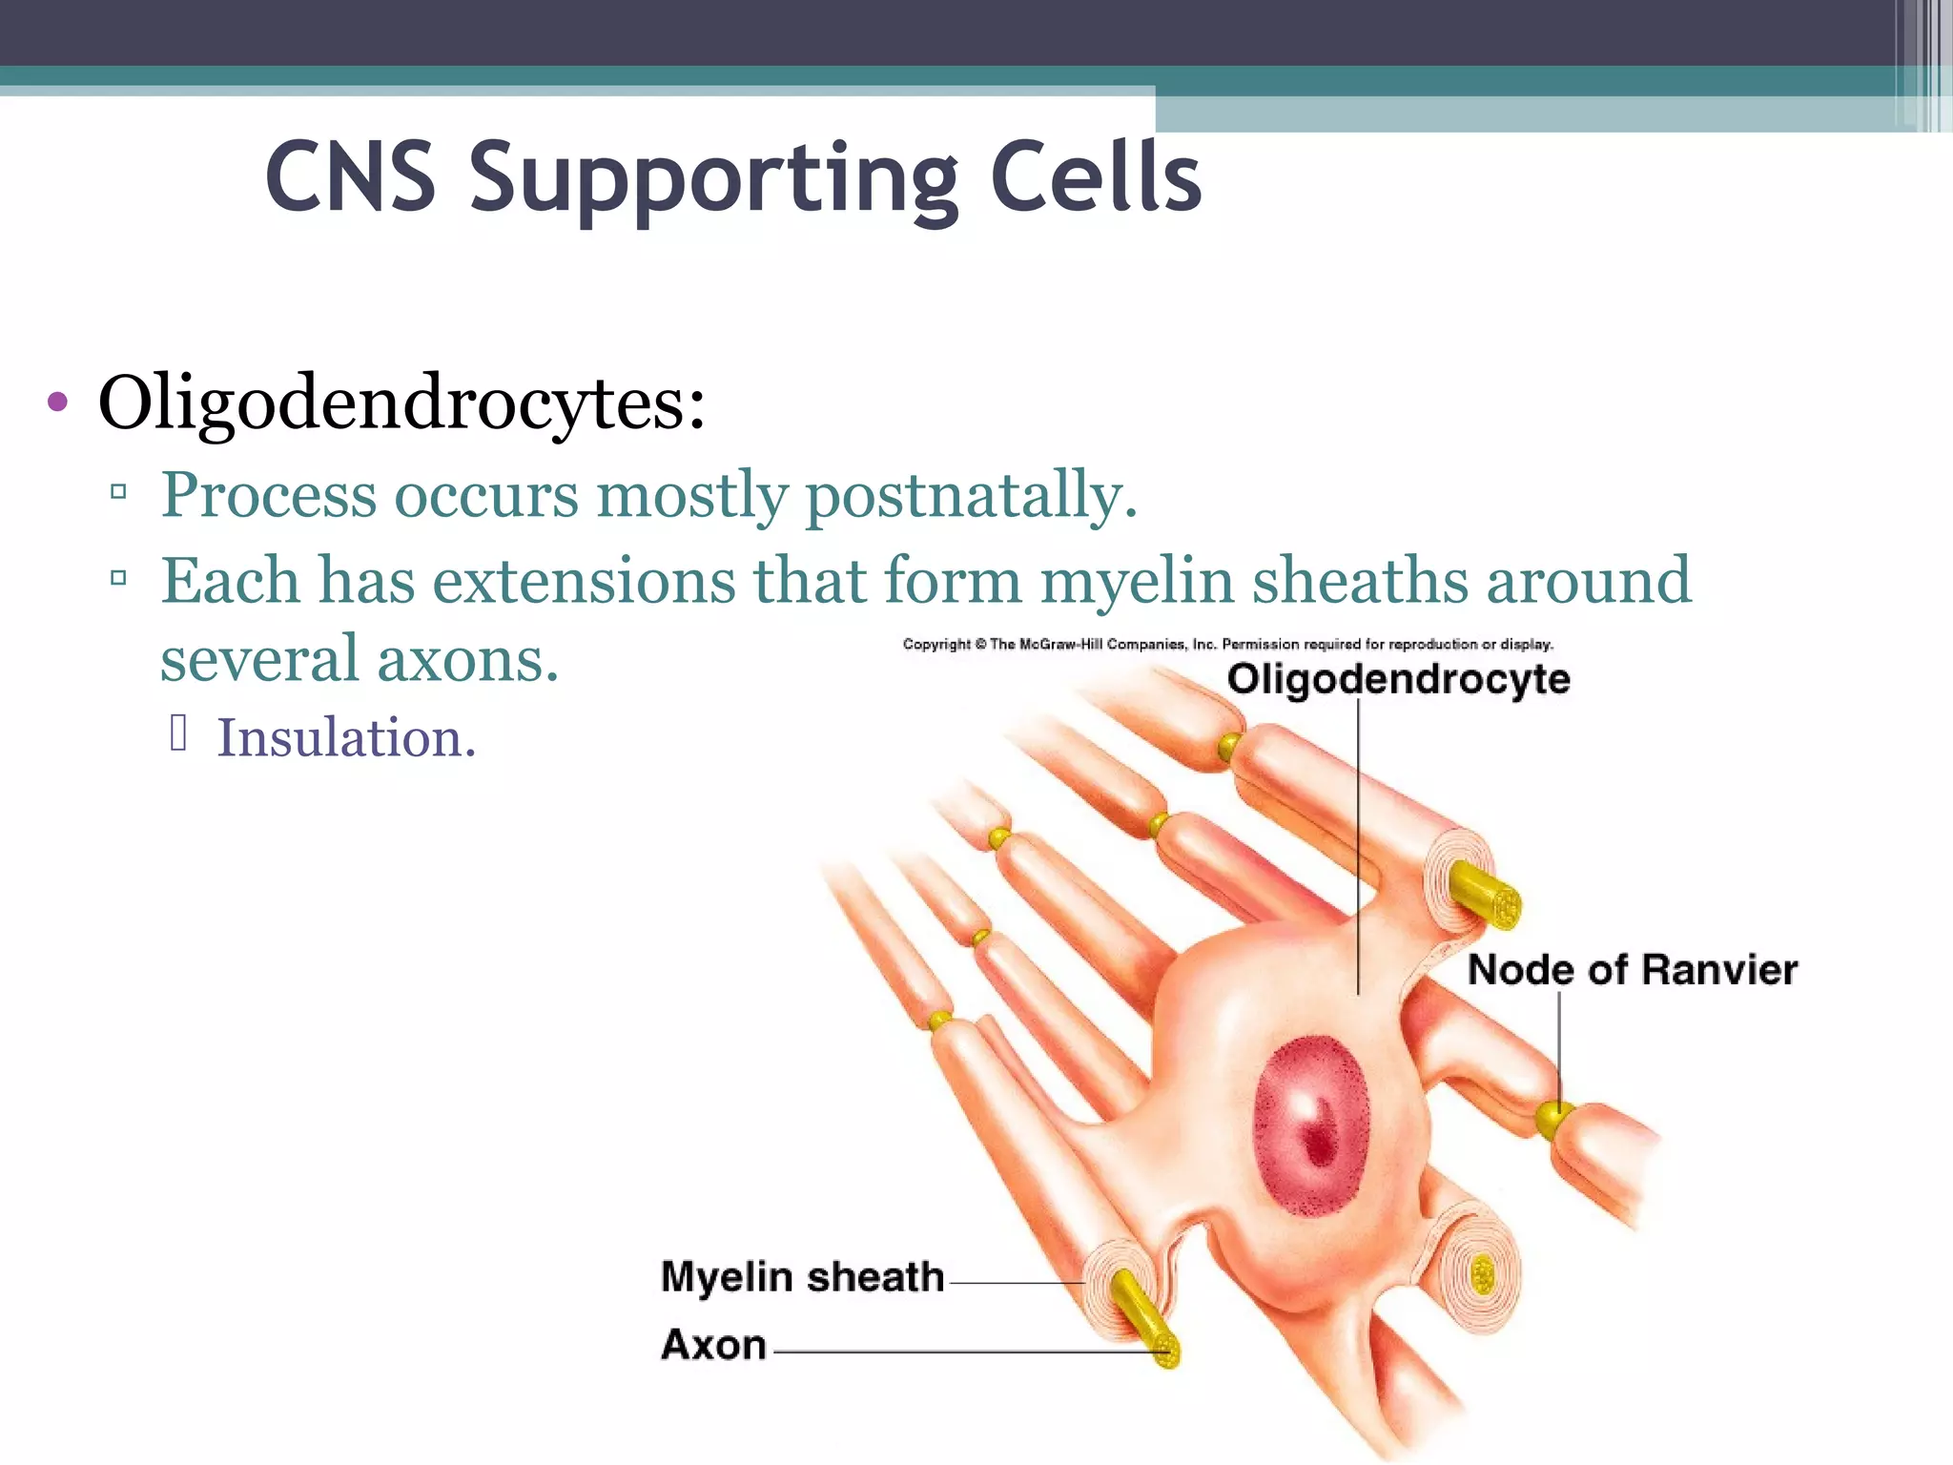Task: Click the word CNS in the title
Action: point(351,177)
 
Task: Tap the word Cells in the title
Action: point(1096,177)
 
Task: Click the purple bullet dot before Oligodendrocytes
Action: point(57,402)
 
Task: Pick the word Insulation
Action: point(346,738)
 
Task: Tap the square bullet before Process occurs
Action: point(119,492)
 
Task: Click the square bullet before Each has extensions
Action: point(119,577)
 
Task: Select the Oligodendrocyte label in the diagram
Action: point(1398,679)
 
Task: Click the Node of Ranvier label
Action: point(1632,970)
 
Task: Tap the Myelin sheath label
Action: point(802,1277)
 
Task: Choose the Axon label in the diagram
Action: point(713,1345)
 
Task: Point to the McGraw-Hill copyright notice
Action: point(1227,645)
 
